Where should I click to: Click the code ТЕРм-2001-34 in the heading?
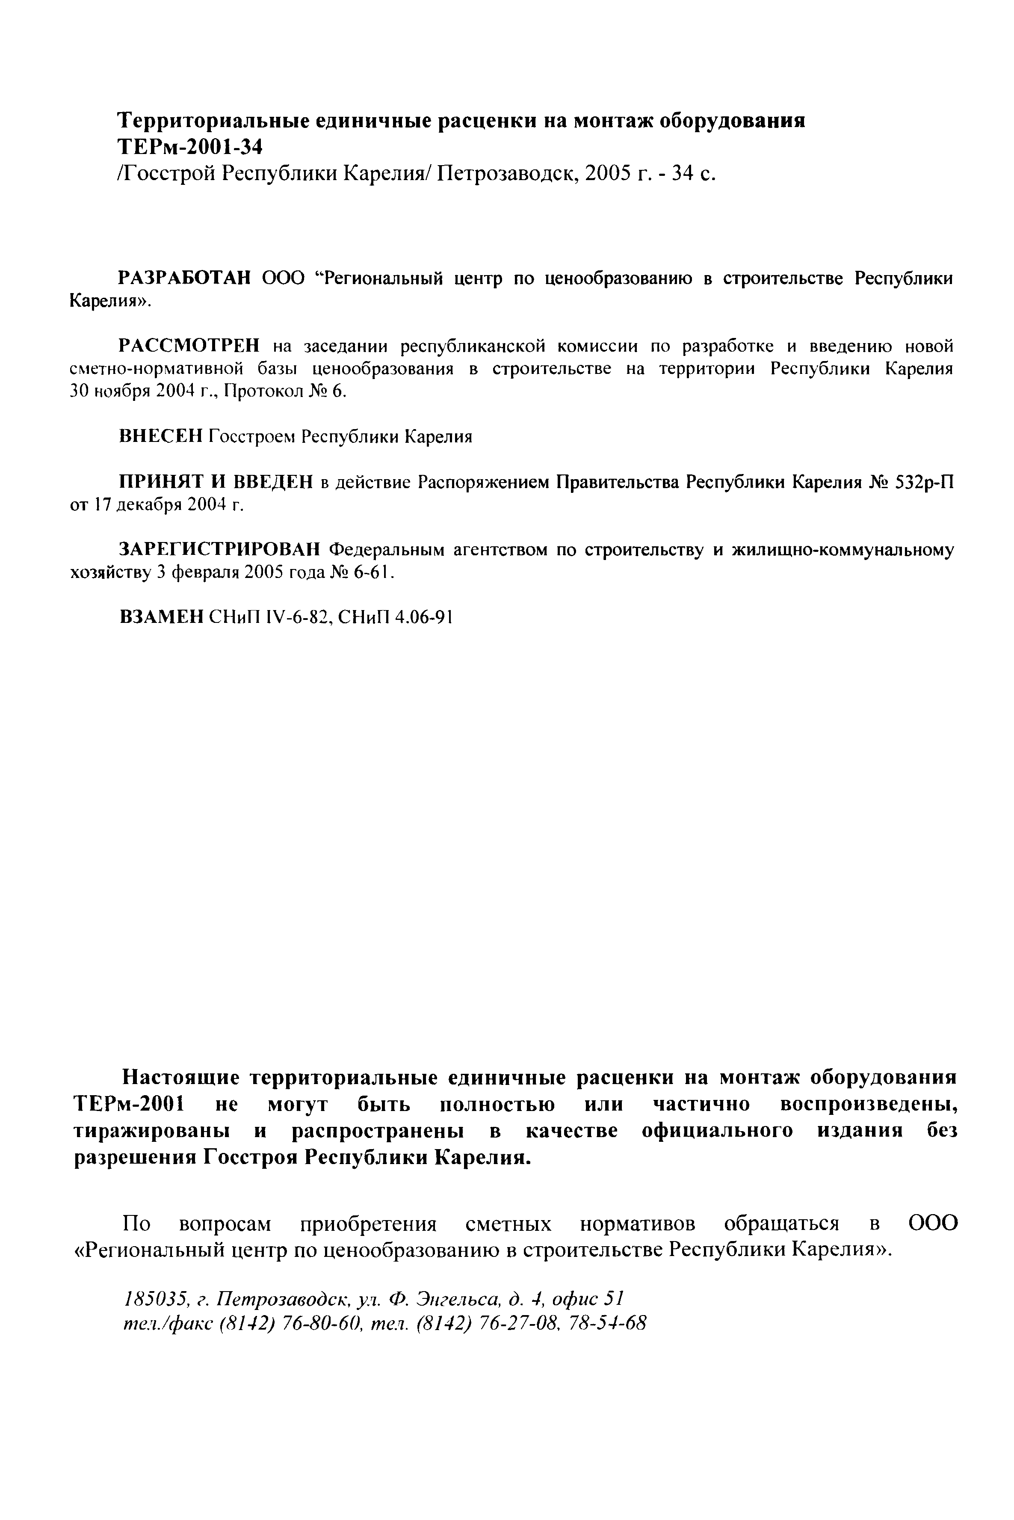click(x=191, y=148)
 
